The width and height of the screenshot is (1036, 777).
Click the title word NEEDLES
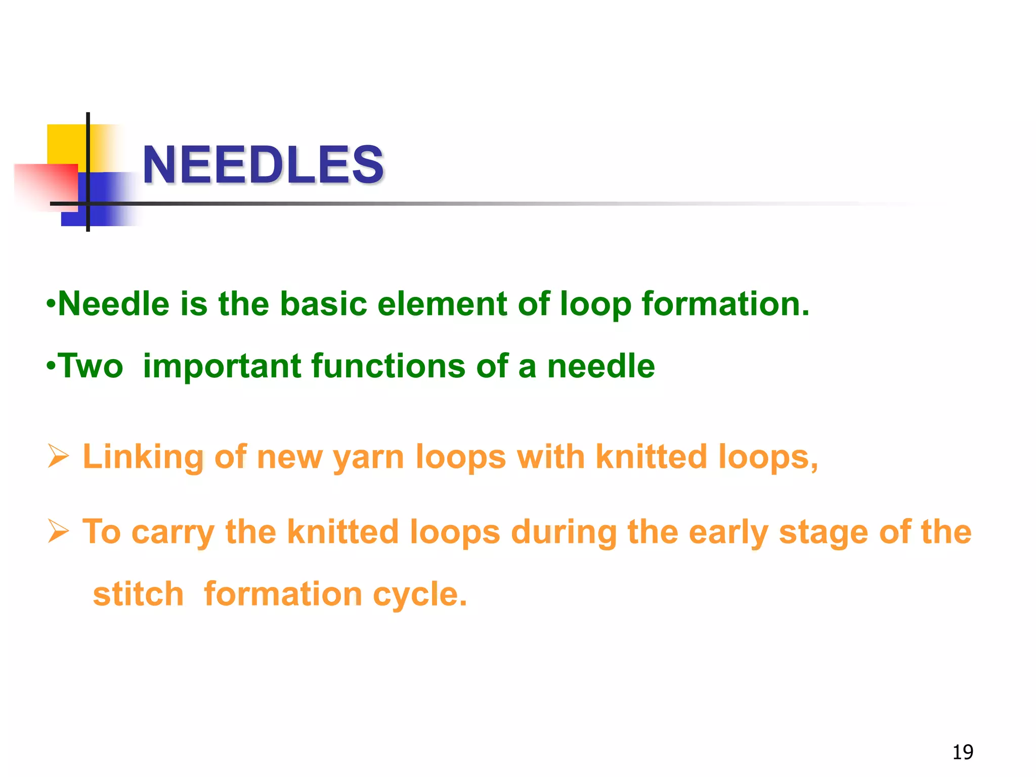[x=263, y=164]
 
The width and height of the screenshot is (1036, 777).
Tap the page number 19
[x=963, y=752]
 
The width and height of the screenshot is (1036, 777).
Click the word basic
[x=323, y=304]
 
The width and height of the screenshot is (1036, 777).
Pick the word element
[x=442, y=304]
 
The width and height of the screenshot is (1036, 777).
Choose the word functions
[x=388, y=366]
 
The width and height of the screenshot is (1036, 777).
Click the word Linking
[x=143, y=458]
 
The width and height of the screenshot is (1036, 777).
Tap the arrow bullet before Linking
[x=58, y=456]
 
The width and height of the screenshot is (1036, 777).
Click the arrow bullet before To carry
[x=58, y=531]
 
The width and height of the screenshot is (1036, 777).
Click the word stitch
[x=138, y=594]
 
